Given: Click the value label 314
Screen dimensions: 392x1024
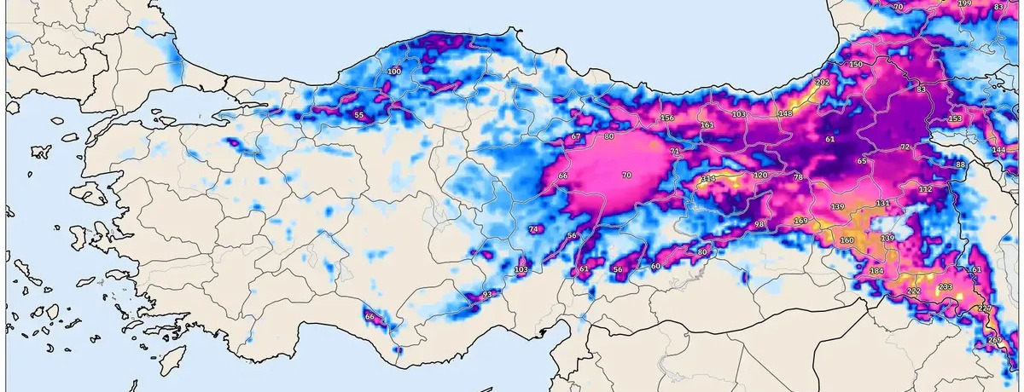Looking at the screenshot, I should tap(708, 179).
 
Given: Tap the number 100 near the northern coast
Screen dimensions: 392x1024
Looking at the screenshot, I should tap(393, 72).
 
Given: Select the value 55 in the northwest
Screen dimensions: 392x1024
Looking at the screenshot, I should tap(359, 115).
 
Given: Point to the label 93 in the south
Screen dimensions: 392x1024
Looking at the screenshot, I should tap(488, 294).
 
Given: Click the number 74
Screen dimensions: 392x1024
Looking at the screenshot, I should tap(535, 229).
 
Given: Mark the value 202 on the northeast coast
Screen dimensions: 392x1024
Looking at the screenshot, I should tap(823, 83).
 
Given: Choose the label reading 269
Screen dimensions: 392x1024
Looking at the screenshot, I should tap(995, 340).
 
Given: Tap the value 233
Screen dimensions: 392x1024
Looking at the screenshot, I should tap(945, 287).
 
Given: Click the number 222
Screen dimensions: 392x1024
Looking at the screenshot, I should tap(913, 291).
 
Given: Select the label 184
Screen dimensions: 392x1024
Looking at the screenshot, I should tap(876, 270).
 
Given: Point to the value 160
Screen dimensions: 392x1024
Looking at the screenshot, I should tap(847, 240).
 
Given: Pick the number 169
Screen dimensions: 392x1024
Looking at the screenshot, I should tap(800, 221).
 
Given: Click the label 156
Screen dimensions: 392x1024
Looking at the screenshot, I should tap(667, 118).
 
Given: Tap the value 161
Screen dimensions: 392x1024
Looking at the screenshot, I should tap(707, 125).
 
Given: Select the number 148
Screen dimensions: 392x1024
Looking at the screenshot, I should tap(785, 113).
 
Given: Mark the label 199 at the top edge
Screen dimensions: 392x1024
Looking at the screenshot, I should tap(965, 3).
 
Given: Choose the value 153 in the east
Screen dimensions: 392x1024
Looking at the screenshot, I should tap(955, 118).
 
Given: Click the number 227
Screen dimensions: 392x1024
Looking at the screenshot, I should tap(985, 308).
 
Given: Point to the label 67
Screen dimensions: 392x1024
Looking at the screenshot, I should tap(576, 136).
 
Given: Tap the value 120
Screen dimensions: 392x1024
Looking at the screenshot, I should tap(760, 175).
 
